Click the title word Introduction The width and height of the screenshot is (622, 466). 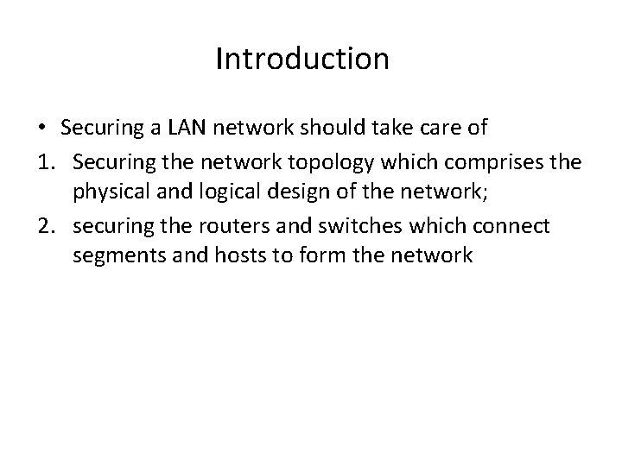302,60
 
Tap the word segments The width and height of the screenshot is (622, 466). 116,255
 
